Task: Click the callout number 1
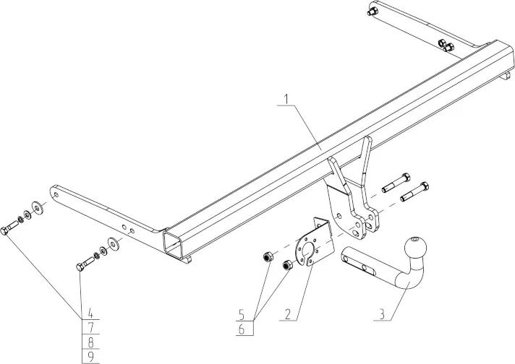click(x=286, y=100)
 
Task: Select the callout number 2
click(x=288, y=314)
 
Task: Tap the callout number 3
click(x=382, y=314)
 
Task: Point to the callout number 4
click(x=90, y=313)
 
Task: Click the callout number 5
click(x=242, y=316)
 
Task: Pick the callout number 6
click(x=242, y=329)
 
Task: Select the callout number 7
click(x=90, y=327)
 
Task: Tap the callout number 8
click(x=90, y=342)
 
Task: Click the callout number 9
click(x=90, y=356)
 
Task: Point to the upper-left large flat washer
click(x=38, y=208)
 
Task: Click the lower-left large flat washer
click(x=114, y=243)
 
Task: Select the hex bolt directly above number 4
click(x=85, y=264)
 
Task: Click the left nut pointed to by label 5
click(x=267, y=256)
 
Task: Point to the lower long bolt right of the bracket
click(x=414, y=191)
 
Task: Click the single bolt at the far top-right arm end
click(x=372, y=11)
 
